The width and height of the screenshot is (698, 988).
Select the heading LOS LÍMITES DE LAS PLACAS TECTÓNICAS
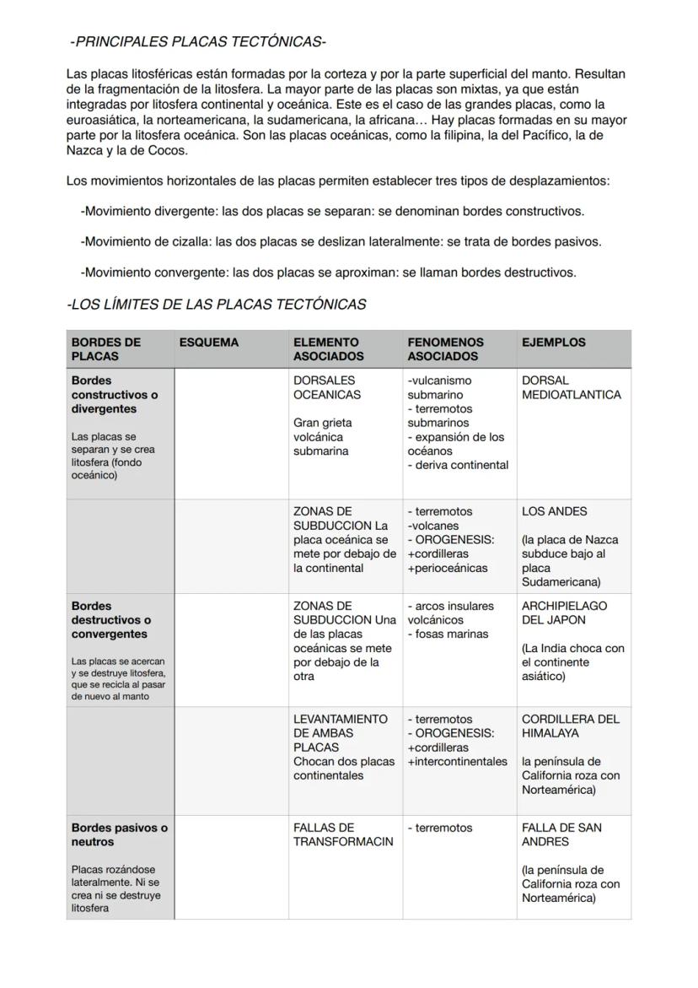[217, 305]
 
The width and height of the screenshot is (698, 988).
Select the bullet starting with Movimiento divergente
[332, 211]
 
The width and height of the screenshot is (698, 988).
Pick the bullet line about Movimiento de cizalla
[341, 241]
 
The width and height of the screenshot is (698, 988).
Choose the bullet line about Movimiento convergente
[328, 273]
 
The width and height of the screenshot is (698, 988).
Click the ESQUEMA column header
[209, 343]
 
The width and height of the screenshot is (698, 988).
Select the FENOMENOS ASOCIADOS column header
[445, 349]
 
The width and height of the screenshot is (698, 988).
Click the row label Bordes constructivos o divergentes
[115, 395]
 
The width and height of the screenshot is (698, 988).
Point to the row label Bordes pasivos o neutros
[119, 834]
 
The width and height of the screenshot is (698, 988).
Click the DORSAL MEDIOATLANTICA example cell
[571, 387]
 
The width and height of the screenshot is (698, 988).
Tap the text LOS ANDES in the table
[554, 511]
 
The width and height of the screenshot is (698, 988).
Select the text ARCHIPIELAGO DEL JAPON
[564, 613]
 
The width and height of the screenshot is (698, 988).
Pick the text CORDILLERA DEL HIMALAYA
[570, 726]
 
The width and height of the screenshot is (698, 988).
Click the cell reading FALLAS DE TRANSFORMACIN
[342, 834]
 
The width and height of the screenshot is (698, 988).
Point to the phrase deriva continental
[460, 465]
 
